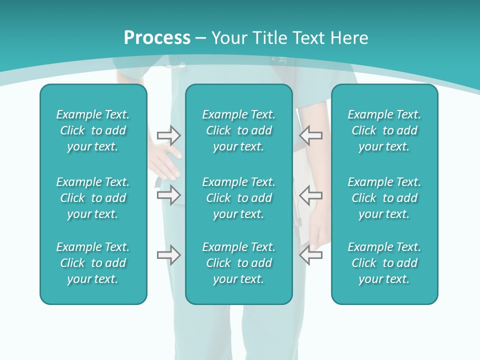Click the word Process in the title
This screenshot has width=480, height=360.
click(x=157, y=38)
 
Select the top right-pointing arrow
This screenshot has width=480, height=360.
click(x=168, y=135)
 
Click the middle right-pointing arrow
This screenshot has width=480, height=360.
click(x=168, y=194)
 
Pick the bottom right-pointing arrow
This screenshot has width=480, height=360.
click(x=168, y=255)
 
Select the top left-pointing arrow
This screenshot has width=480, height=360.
click(x=310, y=135)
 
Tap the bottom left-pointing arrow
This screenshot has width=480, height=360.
click(x=310, y=255)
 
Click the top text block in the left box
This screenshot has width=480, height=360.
click(x=93, y=130)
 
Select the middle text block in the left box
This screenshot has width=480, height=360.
click(x=93, y=198)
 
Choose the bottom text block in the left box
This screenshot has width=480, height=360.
click(x=93, y=263)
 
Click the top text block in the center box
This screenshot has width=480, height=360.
click(x=239, y=130)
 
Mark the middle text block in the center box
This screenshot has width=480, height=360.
click(x=239, y=198)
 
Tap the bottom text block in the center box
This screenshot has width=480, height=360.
click(x=239, y=263)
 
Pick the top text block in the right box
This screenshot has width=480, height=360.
click(x=384, y=130)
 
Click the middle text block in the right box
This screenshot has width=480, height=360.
click(x=384, y=198)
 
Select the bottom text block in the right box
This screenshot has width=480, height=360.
click(x=384, y=263)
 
